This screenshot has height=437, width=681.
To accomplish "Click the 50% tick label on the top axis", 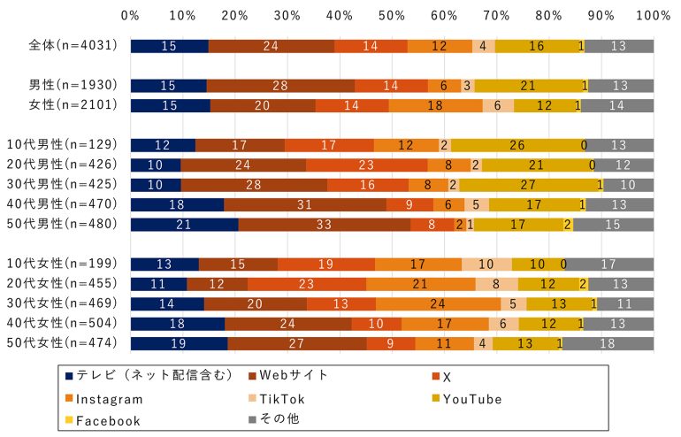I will pos(392,15).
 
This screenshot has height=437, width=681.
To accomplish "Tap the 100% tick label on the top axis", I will pos(653,15).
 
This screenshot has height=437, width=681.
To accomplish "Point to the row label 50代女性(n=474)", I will pos(66,342).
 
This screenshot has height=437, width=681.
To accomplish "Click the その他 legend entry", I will pos(276,419).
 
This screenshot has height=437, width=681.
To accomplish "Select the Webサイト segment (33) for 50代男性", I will pos(325,224).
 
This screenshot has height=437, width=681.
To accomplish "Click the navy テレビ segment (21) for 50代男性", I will pos(184,224).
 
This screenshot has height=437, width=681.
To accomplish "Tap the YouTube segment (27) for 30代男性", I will pos(528,185).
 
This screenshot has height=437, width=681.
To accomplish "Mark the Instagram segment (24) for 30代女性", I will pos(439,303).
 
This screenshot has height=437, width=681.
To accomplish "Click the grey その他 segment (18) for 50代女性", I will pos(608,342).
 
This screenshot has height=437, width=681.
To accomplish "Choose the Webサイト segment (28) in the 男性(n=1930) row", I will pos(280,86).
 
